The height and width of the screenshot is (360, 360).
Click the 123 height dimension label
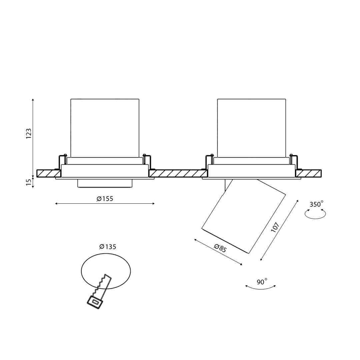coord(29,134)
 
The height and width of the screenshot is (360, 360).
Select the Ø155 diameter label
coord(105,199)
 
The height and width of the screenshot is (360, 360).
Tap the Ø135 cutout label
coord(108,247)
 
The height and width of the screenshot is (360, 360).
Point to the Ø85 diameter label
coord(220,249)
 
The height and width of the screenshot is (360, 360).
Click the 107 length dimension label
coord(275,227)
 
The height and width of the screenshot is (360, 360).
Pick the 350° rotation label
coord(316,204)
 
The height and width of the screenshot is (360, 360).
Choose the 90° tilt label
coord(262,282)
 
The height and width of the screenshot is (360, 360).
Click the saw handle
coord(95,301)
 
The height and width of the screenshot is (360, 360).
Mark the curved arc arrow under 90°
coord(260,288)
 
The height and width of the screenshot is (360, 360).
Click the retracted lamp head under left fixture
coord(105,183)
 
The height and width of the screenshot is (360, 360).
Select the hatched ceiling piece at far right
coord(309,173)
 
